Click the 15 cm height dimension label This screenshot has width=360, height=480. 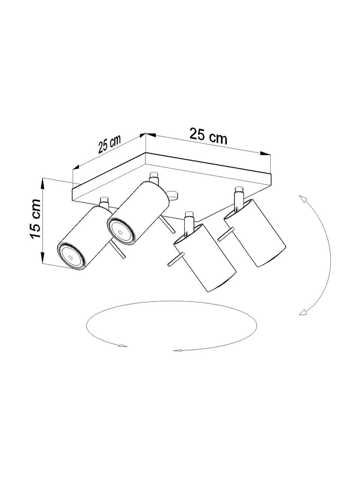click(35, 219)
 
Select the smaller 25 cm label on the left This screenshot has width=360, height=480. click(109, 144)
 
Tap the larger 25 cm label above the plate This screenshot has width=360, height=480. click(208, 136)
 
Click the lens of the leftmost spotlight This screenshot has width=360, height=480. click(70, 257)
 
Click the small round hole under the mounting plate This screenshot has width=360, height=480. click(172, 195)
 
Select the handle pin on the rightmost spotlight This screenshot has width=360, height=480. click(226, 234)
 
